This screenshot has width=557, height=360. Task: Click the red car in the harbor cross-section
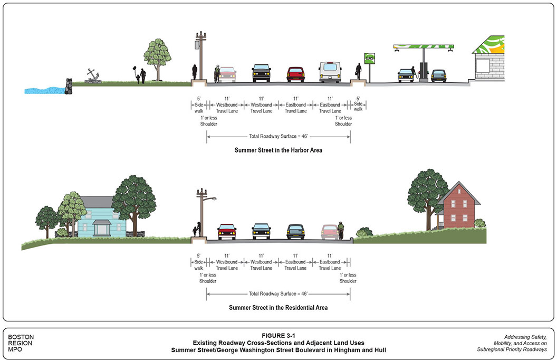point(296,74)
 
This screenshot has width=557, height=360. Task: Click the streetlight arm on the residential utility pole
point(210,198)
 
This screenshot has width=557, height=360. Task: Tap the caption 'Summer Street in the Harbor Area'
point(278,150)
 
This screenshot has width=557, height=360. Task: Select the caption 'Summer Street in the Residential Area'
point(278,307)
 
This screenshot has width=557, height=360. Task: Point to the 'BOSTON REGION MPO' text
point(21,343)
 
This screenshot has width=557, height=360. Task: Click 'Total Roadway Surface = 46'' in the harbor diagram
point(278,136)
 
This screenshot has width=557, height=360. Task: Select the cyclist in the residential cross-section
point(341,231)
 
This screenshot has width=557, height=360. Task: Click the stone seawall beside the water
point(68,86)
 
